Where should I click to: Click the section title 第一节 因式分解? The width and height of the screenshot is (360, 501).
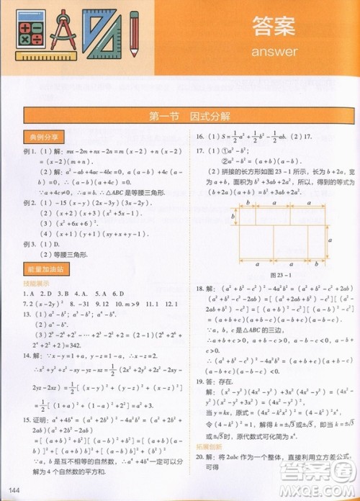pos(179,116)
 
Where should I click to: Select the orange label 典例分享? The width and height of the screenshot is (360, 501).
pos(44,135)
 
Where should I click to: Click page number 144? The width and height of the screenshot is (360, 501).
pos(10,491)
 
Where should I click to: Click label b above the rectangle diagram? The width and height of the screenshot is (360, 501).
pos(246,204)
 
